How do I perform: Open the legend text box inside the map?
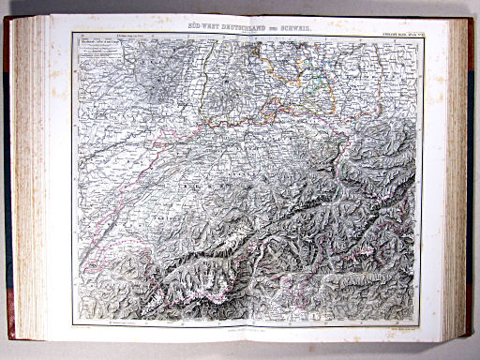pos(100,55)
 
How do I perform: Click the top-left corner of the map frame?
pos(73,38)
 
